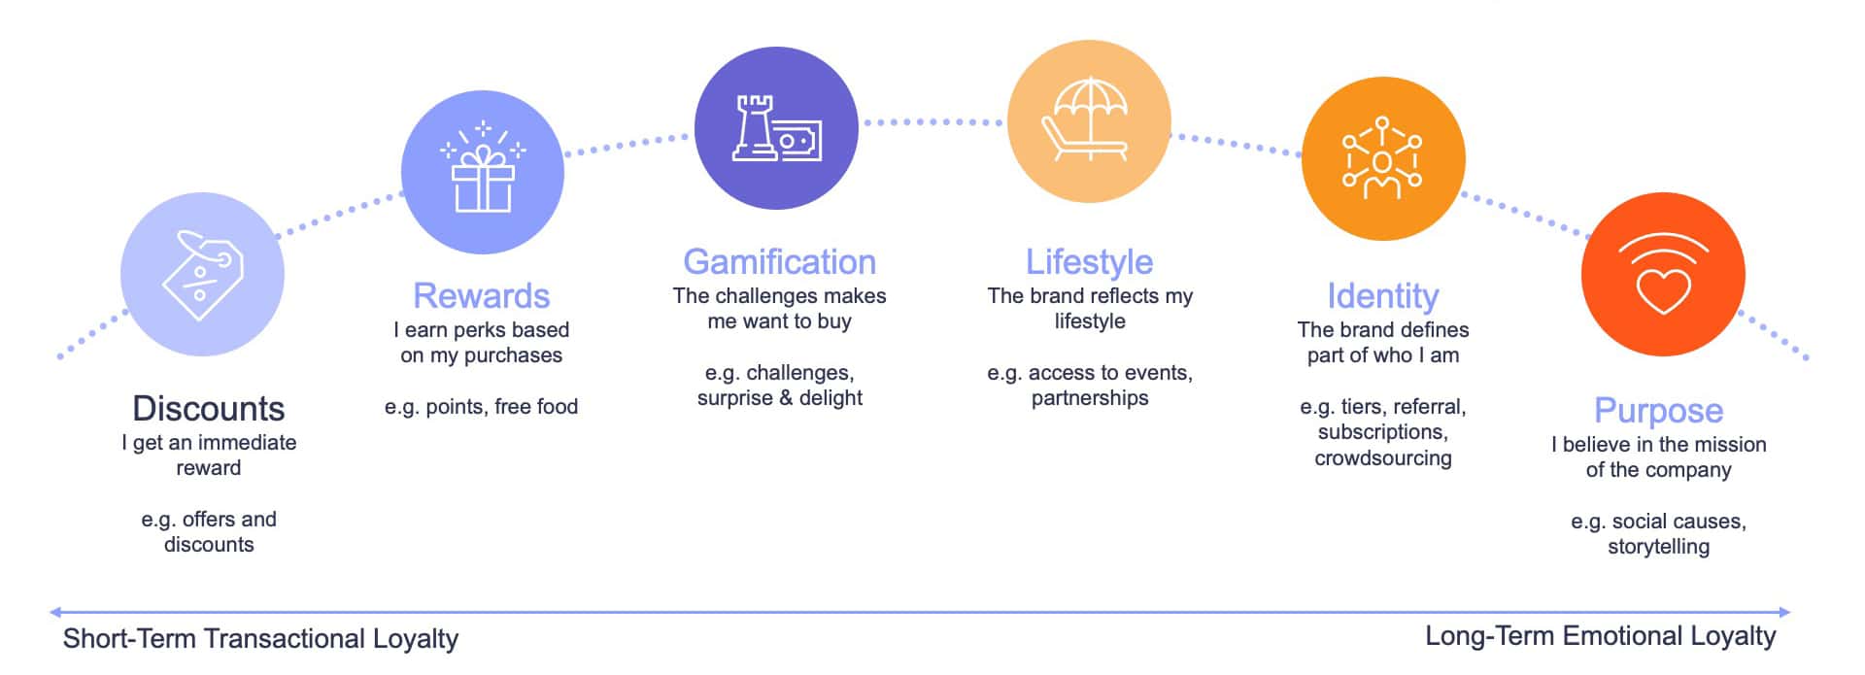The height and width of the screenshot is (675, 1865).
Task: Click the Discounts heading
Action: click(x=209, y=408)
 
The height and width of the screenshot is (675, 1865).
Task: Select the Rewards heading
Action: click(x=482, y=295)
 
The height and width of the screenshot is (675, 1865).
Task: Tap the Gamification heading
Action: click(x=779, y=261)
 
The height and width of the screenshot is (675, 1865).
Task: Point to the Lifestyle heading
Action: click(x=1090, y=261)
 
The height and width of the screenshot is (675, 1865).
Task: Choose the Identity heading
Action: click(x=1383, y=295)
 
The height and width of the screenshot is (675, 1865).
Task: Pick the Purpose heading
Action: click(x=1659, y=410)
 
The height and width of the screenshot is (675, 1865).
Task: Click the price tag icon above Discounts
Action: click(x=203, y=275)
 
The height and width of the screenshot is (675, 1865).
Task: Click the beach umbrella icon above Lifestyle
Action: click(x=1089, y=120)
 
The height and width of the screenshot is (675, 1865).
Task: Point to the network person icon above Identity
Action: click(x=1382, y=158)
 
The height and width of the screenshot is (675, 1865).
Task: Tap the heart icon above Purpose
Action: click(x=1663, y=275)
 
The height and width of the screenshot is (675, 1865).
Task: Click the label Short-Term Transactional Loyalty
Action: click(x=260, y=638)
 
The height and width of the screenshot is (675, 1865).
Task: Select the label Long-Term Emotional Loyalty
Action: click(x=1600, y=636)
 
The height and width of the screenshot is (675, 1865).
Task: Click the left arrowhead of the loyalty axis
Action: click(x=55, y=612)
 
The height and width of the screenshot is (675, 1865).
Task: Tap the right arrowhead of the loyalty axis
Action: click(x=1784, y=612)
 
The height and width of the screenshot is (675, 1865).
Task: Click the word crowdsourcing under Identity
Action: click(x=1383, y=458)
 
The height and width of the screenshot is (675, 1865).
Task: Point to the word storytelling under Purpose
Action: click(x=1659, y=547)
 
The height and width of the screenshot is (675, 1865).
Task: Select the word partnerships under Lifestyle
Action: click(x=1090, y=398)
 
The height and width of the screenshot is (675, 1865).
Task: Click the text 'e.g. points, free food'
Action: click(x=482, y=407)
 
